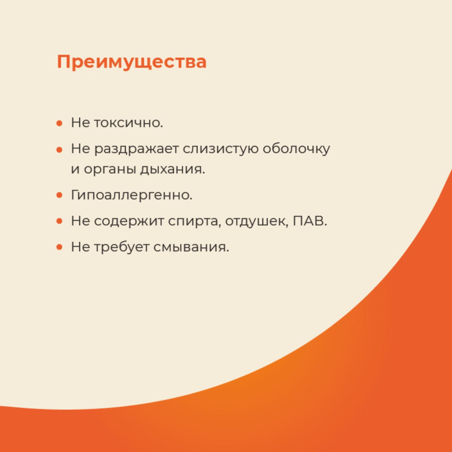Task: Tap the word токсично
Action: [x=129, y=123]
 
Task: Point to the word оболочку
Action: [x=296, y=149]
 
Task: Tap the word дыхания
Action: [x=173, y=169]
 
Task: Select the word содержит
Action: [x=129, y=221]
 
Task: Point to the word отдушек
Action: [x=257, y=221]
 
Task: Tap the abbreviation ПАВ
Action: [x=310, y=221]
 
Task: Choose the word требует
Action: [x=121, y=247]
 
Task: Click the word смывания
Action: [x=191, y=247]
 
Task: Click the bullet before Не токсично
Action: [x=59, y=123]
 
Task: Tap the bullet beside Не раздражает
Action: [x=59, y=149]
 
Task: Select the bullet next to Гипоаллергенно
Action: [x=59, y=195]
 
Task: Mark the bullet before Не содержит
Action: [x=59, y=221]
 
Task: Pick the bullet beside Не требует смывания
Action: [x=59, y=247]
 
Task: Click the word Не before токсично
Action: [x=81, y=123]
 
